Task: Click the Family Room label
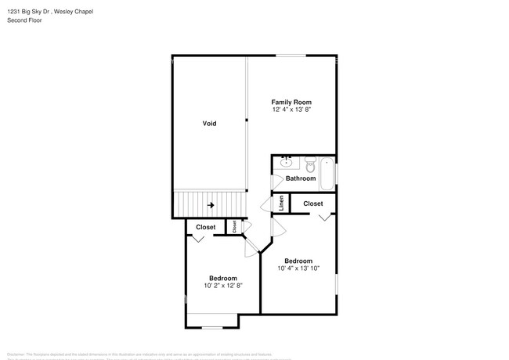tap(291, 103)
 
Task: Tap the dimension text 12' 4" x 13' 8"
tap(291, 110)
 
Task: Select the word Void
tap(209, 124)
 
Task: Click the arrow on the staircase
tap(211, 206)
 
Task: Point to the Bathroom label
tap(301, 178)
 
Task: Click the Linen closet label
tap(282, 203)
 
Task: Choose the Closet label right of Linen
tap(313, 203)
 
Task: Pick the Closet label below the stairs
tap(205, 227)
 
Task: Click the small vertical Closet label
tap(234, 226)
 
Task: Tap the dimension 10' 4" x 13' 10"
tap(298, 268)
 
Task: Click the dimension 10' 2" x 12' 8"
tap(222, 286)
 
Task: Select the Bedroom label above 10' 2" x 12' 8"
tap(222, 278)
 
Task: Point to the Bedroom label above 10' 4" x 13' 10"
tap(298, 261)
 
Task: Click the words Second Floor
tap(26, 20)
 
